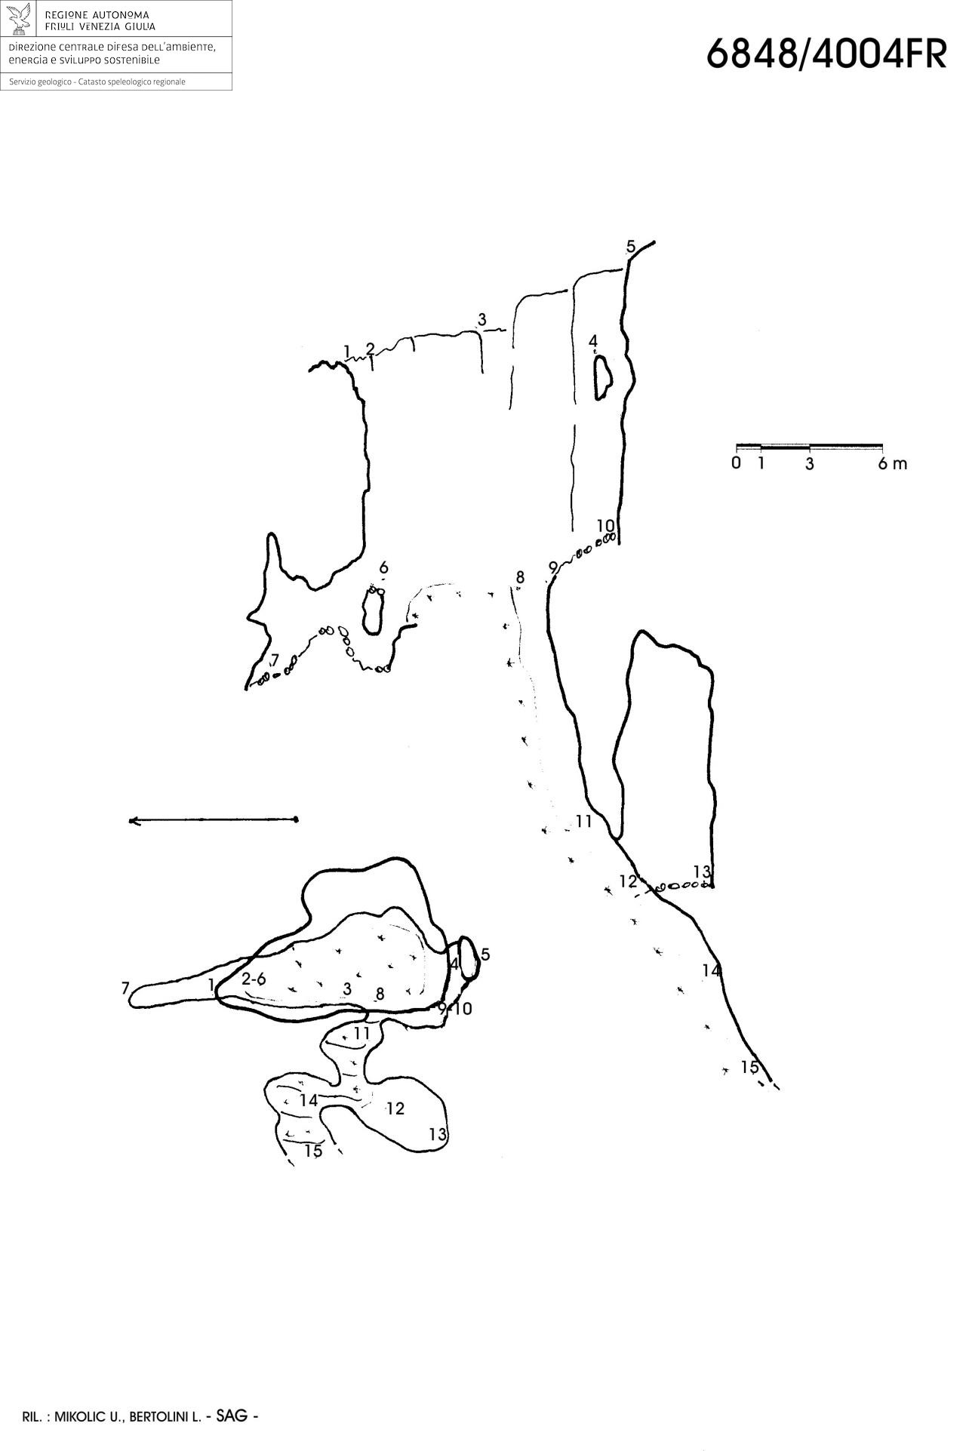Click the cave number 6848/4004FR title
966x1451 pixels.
click(826, 54)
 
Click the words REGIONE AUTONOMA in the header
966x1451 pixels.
click(97, 15)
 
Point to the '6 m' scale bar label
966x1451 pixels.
click(893, 463)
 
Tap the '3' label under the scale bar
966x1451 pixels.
click(810, 464)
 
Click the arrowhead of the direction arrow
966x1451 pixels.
click(134, 821)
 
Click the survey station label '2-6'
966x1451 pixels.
click(254, 979)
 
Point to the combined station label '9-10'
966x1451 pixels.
click(455, 1008)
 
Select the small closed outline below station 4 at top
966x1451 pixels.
click(602, 377)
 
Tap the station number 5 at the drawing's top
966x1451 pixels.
click(631, 246)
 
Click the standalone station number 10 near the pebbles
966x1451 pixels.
click(605, 526)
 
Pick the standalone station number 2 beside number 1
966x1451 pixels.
click(370, 349)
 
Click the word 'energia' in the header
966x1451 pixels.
click(27, 61)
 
